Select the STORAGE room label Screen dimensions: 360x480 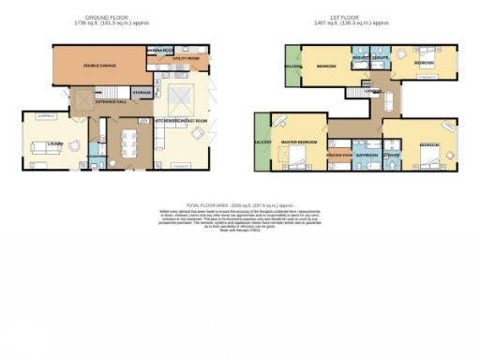pyautogui.click(x=142, y=93)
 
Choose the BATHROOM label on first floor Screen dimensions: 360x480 pyautogui.click(x=367, y=155)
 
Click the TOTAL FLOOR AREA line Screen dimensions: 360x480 pyautogui.click(x=239, y=202)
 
